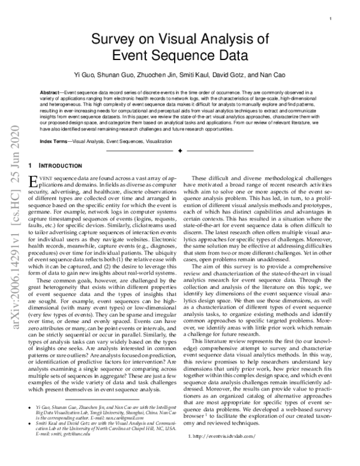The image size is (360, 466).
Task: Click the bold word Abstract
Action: pos(50,92)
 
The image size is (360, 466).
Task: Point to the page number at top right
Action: pos(331,19)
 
